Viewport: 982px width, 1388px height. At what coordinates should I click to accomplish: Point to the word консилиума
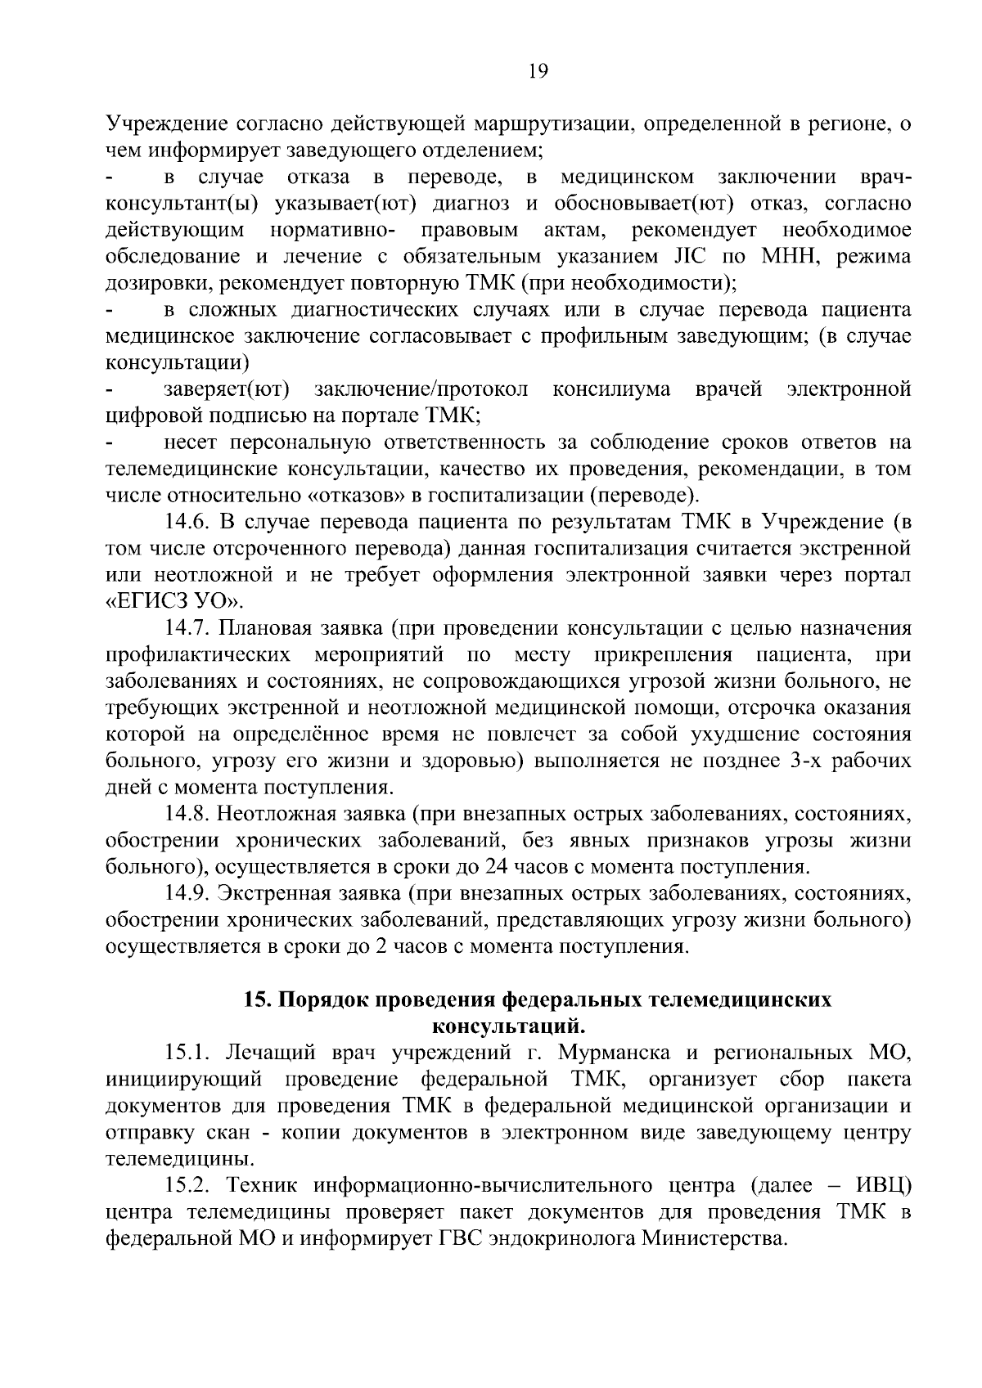coord(611,389)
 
